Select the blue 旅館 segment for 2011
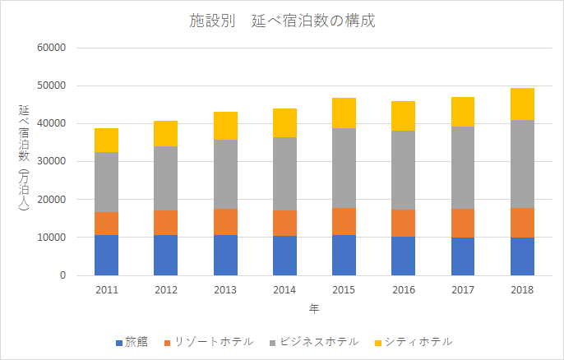[x=106, y=255]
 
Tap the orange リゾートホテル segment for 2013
[x=225, y=222]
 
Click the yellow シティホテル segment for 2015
[x=344, y=113]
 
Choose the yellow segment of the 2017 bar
[x=463, y=112]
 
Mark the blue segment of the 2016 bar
[x=403, y=256]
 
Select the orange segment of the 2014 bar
[x=284, y=223]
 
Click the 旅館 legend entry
[x=131, y=341]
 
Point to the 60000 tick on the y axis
[x=52, y=48]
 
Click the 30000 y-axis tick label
[x=52, y=161]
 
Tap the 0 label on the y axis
[x=62, y=275]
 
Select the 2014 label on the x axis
[x=284, y=290]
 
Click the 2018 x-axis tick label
[x=522, y=290]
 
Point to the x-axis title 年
[x=314, y=309]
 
